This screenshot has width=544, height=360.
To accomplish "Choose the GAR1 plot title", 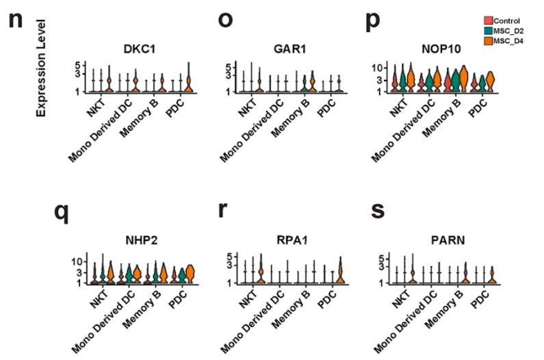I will coord(284,48).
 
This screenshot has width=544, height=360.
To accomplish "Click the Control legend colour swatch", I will coord(487,21).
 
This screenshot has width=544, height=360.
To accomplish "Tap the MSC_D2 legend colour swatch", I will coord(487,31).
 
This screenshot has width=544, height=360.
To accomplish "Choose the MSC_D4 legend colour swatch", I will coord(487,41).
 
